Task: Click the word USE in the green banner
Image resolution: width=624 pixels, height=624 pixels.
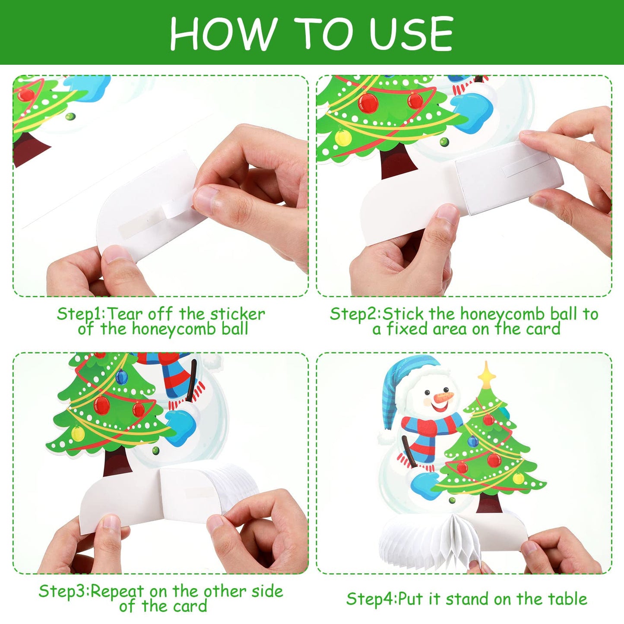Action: click(411, 34)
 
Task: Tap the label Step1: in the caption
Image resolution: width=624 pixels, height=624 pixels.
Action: click(81, 314)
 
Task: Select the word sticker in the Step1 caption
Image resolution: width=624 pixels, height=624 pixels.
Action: click(238, 314)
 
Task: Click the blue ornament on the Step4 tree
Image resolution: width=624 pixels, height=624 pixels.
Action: click(473, 441)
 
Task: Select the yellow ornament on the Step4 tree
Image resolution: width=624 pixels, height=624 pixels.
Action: click(519, 478)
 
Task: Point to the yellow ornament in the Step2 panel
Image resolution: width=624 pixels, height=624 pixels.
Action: click(343, 137)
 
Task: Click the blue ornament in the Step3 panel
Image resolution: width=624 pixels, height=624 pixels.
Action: click(121, 377)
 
